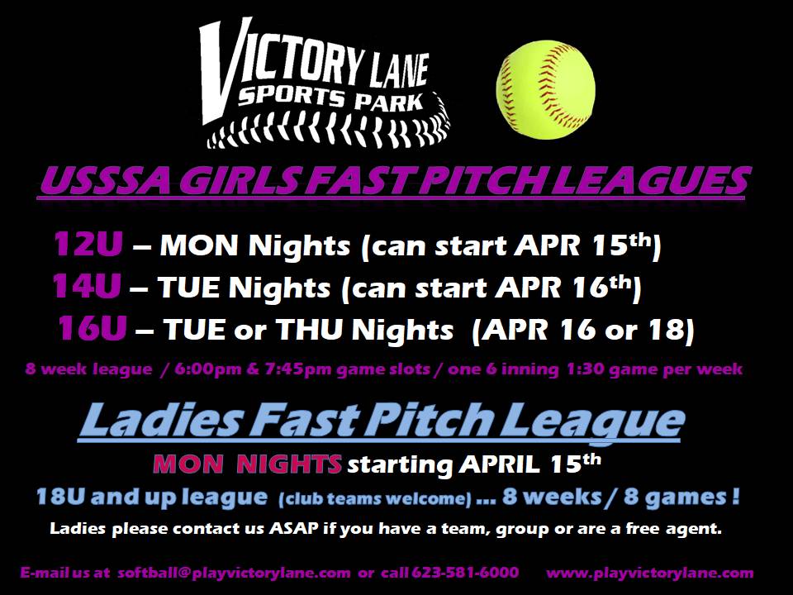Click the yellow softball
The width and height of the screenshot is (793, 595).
click(546, 90)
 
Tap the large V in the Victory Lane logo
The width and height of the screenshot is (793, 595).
click(222, 71)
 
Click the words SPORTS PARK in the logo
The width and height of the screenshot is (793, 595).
click(330, 98)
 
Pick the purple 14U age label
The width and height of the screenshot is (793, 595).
click(87, 287)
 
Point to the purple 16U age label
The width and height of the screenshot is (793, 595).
click(92, 328)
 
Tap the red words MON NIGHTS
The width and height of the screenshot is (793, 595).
click(247, 464)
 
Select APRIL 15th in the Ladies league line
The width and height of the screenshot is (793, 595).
click(530, 464)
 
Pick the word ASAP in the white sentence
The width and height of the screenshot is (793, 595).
click(294, 529)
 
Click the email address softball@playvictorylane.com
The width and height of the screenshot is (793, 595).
click(234, 573)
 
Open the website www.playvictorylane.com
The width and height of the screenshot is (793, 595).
click(650, 574)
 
